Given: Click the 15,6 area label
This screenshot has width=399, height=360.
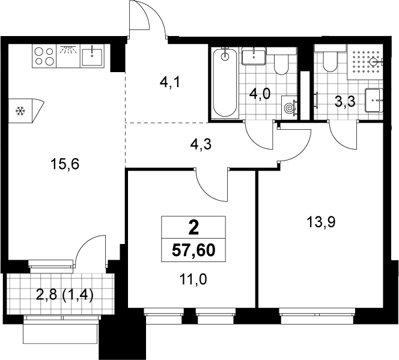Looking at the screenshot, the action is coord(65,164).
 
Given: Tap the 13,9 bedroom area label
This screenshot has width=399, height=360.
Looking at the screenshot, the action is coord(321,222).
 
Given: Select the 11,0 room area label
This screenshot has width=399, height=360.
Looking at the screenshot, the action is coord(193,280).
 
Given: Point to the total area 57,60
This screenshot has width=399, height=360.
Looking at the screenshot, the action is coord(193,251).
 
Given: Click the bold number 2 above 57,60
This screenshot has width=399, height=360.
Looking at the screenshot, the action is coord(193,228).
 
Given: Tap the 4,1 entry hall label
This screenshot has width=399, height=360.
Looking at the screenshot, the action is coord(170,83).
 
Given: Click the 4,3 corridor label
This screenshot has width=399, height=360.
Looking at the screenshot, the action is coord(201,145).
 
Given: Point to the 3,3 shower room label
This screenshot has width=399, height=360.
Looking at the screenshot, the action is coord(345,102).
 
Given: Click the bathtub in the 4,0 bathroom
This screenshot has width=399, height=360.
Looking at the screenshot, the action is coord(225,83).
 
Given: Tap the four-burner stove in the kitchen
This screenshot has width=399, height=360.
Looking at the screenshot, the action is coord(44,56).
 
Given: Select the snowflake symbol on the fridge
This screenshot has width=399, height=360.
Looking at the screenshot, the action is coord(20,111).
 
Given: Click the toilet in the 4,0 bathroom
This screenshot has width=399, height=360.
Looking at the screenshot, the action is coord(281,61).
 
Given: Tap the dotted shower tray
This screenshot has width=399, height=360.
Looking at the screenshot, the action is coord(365,62).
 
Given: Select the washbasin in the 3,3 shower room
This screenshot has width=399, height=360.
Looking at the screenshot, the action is coord(374,100).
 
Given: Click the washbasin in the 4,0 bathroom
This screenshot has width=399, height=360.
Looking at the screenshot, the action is coord(254,56).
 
